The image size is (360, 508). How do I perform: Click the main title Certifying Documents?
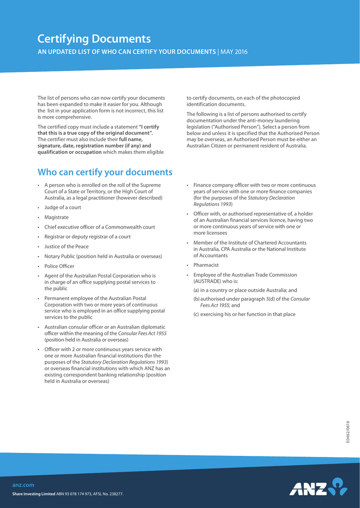pyautogui.click(x=94, y=39)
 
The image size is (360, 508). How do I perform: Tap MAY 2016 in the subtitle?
pyautogui.click(x=233, y=52)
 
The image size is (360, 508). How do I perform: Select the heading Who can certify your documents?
pyautogui.click(x=105, y=172)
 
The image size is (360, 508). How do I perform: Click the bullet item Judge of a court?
pyautogui.click(x=63, y=207)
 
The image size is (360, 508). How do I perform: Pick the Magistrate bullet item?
pyautogui.click(x=57, y=217)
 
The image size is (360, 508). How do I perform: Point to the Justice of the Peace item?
pyautogui.click(x=66, y=247)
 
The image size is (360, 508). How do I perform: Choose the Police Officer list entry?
pyautogui.click(x=59, y=266)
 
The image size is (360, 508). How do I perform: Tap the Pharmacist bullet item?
pyautogui.click(x=206, y=265)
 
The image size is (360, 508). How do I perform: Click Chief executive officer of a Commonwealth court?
pyautogui.click(x=99, y=227)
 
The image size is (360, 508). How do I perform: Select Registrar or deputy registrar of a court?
pyautogui.click(x=87, y=237)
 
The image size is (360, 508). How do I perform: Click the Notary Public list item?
pyautogui.click(x=103, y=256)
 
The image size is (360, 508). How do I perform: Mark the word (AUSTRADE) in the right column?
pyautogui.click(x=209, y=281)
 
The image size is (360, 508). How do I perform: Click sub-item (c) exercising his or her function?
pyautogui.click(x=244, y=315)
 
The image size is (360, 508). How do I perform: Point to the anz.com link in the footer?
pyautogui.click(x=23, y=485)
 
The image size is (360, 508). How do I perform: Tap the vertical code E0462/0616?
pyautogui.click(x=348, y=432)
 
